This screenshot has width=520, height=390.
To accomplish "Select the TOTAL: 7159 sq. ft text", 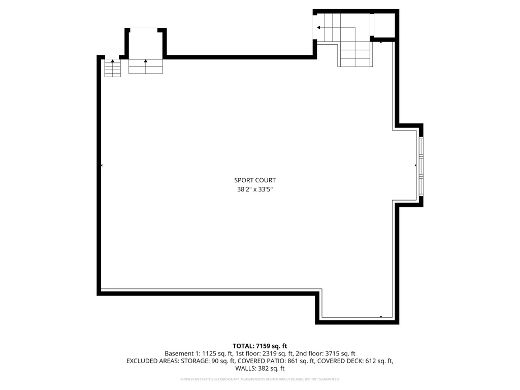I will coord(260,346).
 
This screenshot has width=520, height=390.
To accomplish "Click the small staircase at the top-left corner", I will coord(113,69).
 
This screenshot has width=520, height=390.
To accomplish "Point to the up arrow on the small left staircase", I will coord(113,61).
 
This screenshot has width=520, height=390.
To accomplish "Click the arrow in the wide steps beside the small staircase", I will coord(146,61).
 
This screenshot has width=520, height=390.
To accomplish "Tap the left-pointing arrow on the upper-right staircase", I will coord(318,27).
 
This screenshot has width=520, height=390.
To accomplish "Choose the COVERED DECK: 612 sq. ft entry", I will coord(356,361).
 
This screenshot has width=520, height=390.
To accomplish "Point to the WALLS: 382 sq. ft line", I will coord(260,369).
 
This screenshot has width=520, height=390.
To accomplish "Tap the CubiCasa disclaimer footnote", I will coord(260,379).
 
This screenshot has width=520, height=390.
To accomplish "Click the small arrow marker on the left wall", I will coord(102,166).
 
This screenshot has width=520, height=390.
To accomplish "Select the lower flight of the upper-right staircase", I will coord(355,55).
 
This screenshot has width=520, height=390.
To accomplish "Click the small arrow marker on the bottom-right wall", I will coord(381,317).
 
